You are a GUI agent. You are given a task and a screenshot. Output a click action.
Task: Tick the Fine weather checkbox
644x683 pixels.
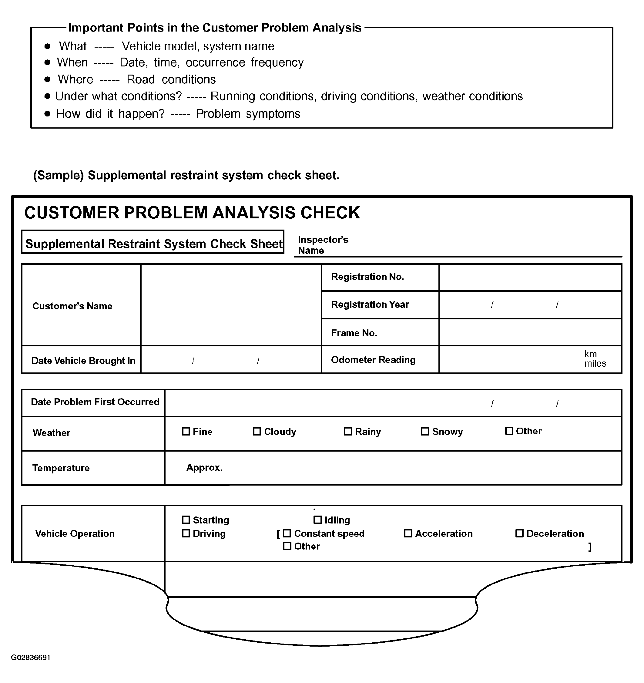point(186,431)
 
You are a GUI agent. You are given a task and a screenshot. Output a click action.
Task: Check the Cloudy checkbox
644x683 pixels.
point(257,431)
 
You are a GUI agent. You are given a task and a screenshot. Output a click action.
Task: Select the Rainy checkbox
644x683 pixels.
point(348,431)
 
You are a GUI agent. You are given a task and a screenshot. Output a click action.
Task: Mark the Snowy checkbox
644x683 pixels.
point(425,431)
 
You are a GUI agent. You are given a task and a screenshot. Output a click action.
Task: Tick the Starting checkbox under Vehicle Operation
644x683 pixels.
point(186,520)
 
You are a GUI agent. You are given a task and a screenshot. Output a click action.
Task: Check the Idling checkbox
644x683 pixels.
point(318,520)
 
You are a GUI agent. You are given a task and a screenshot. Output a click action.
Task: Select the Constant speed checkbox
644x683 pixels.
point(287,533)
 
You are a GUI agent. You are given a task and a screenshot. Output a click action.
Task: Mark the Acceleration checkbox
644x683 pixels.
point(408,533)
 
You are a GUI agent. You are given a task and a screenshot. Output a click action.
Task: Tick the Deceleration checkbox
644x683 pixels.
point(519,533)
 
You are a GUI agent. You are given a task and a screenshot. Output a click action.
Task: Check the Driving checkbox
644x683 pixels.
point(186,533)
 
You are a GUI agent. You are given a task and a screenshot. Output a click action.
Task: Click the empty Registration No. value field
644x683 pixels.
point(530,277)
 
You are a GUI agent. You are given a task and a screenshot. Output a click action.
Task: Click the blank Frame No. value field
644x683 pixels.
point(530,332)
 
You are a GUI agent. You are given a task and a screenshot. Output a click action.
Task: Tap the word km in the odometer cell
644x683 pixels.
point(590,354)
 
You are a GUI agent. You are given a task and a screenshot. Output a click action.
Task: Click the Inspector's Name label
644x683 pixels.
point(323,245)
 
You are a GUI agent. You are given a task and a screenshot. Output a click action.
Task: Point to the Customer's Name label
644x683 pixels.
point(72,306)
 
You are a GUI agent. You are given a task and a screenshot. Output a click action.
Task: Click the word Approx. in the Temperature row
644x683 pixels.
point(204,468)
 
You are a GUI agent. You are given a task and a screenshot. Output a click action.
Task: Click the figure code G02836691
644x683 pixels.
point(31,658)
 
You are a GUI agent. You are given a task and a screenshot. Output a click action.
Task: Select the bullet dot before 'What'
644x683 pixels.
point(47,46)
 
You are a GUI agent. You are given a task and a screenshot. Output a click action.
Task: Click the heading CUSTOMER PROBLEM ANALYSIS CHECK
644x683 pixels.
point(192,213)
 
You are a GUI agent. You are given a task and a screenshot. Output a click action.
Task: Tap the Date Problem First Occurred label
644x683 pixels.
point(95,402)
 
